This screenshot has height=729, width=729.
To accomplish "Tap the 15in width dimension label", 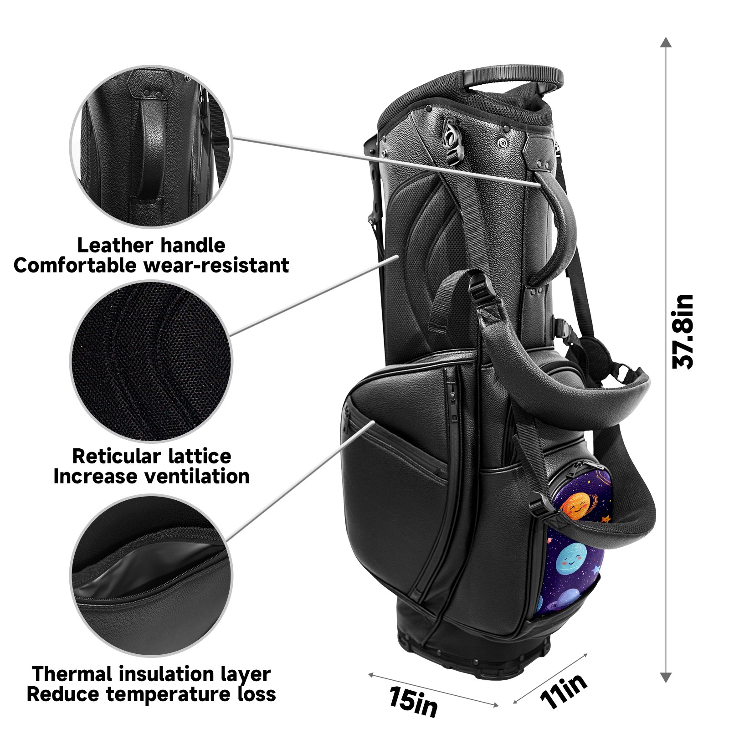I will coord(413,702).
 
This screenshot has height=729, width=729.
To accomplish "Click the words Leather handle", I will coord(151,246).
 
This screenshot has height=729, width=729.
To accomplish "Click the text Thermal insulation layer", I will coord(151,674).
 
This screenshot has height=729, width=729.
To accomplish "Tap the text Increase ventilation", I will coord(151,477).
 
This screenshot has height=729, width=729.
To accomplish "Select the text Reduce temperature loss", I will coord(151,694).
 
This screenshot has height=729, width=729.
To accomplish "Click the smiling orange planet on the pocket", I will coord(576,506).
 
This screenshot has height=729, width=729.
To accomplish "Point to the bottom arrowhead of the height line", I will coord(666,677).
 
